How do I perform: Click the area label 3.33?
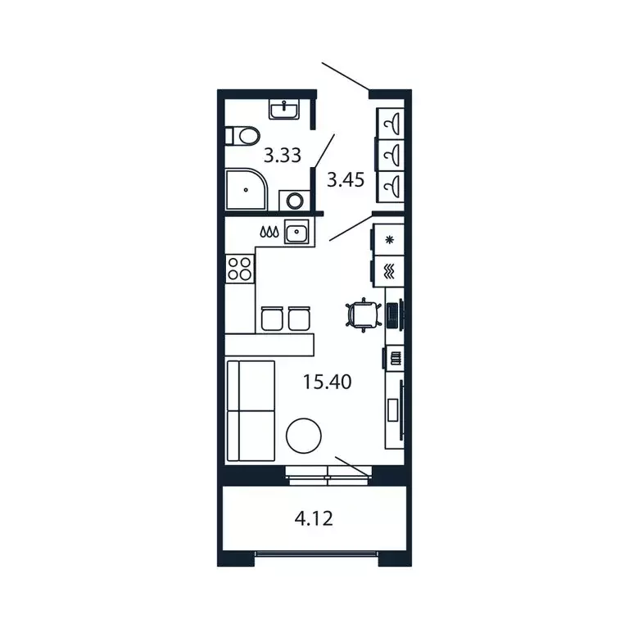tap(283, 154)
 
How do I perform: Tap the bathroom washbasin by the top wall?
tap(286, 109)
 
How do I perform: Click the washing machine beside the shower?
tap(292, 200)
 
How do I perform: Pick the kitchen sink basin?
tap(295, 233)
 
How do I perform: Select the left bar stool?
tap(270, 318)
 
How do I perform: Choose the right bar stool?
tap(300, 318)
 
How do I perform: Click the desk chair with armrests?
tap(363, 314)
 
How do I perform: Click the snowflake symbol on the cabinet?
tap(390, 239)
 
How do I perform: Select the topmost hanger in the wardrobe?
tap(391, 124)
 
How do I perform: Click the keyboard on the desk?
tap(393, 314)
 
